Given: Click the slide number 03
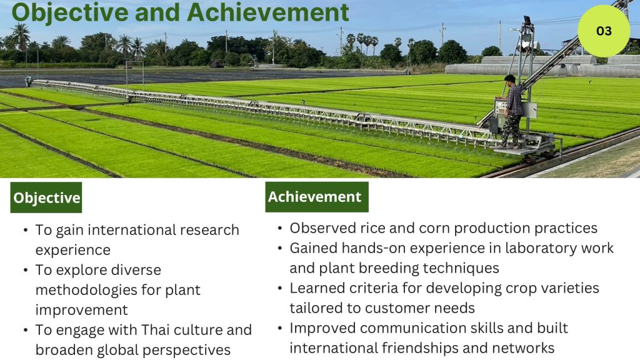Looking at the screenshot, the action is pos(604,31).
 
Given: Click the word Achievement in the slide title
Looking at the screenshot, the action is pos(268,12).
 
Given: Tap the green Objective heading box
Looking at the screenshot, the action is pos(46,197).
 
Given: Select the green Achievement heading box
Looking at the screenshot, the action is pos(317,197).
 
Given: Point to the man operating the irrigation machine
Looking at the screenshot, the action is pos(511,110).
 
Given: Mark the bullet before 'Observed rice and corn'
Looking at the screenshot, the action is pos(279,228).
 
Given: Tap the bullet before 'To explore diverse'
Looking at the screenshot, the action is pos(26,270).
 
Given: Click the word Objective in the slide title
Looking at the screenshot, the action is pos(70,12).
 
